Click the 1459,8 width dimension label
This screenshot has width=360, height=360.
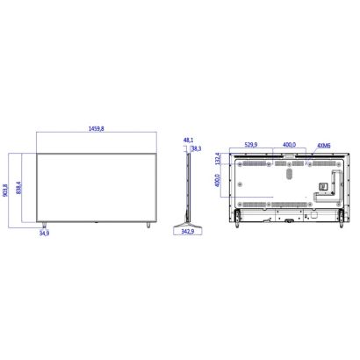click(97, 128)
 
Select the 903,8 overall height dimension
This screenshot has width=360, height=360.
click(5, 191)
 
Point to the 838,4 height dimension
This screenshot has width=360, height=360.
click(18, 188)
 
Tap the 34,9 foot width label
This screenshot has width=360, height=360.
click(44, 234)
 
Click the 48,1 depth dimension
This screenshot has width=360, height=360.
click(188, 140)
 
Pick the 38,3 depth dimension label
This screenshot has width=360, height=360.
click(196, 148)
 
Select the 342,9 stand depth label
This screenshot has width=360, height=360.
click(188, 232)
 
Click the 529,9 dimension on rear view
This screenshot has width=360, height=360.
click(251, 145)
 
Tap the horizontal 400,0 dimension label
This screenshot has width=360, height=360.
click(289, 145)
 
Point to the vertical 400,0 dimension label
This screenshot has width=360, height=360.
click(217, 181)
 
